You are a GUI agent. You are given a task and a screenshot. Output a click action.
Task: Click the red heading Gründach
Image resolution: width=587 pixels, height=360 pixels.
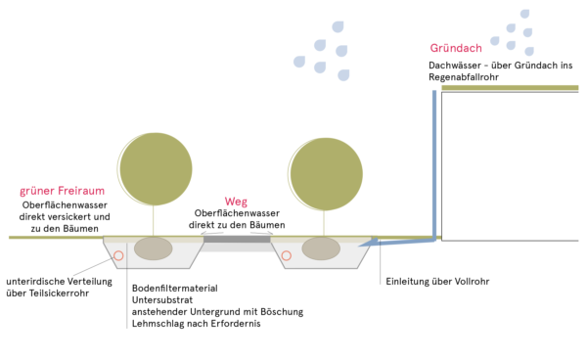coord(454,48)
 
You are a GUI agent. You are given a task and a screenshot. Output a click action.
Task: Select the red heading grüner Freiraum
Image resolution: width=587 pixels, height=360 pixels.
coord(62,192)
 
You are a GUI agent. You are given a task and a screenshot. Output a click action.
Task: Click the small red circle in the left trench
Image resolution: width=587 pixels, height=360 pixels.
coord(118,255)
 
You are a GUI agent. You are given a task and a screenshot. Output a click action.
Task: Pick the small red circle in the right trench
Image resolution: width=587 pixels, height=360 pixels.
coord(287,255)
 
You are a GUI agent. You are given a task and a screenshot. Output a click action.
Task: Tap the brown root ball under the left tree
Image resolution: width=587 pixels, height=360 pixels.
coord(153,248)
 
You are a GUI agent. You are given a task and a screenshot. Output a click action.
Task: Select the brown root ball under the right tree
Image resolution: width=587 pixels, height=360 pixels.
coord(321,248)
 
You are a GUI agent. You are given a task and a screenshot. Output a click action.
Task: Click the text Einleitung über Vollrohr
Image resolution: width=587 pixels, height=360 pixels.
coord(436,282)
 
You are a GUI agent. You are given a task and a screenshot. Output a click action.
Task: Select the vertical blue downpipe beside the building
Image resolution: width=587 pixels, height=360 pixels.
coord(433,157)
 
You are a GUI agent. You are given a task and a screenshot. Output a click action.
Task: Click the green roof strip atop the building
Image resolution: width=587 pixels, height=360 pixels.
coord(509,88)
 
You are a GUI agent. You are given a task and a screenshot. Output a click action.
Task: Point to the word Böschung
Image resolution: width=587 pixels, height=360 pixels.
coord(281,312)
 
